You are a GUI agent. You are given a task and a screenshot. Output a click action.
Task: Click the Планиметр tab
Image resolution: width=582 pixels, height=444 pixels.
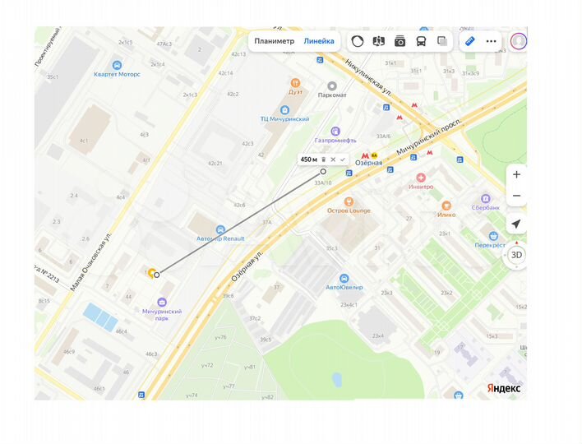(x=274, y=41)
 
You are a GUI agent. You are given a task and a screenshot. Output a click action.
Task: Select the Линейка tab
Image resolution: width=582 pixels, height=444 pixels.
(x=319, y=41)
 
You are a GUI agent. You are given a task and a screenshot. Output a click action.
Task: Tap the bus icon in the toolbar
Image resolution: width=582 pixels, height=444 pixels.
(x=421, y=41)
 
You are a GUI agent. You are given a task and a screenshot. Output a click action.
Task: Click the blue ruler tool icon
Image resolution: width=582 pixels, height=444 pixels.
(x=470, y=40)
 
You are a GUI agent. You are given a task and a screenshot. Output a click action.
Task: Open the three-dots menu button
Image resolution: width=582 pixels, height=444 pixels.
(x=492, y=41)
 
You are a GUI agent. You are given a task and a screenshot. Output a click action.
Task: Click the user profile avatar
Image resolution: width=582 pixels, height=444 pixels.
(x=519, y=40)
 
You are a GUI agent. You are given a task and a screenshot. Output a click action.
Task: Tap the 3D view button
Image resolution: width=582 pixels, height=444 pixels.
(x=516, y=255)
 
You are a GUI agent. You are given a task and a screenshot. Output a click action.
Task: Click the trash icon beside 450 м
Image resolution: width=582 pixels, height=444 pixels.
(x=323, y=160)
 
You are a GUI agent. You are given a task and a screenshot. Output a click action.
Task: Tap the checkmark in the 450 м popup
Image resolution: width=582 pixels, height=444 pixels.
(x=343, y=160)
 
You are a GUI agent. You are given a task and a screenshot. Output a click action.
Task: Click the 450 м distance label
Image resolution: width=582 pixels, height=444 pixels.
(x=308, y=160)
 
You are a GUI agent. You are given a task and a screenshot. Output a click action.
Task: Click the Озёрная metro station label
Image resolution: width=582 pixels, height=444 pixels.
(x=368, y=163)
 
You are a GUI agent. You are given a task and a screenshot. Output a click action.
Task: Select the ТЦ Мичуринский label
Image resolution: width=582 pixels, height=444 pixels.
(x=284, y=119)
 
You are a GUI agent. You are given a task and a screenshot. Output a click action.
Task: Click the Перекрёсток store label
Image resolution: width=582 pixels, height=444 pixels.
(x=490, y=245)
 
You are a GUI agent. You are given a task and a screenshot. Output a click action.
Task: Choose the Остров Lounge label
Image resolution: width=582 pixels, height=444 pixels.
(x=349, y=210)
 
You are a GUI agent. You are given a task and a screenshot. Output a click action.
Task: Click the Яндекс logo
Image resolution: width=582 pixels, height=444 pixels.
(x=504, y=388)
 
